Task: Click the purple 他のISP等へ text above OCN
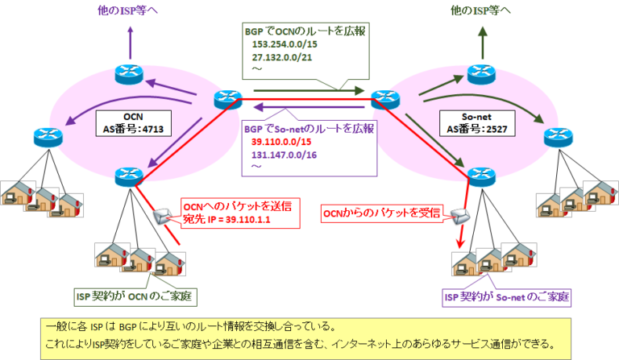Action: pyautogui.click(x=126, y=10)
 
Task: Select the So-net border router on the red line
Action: pyautogui.click(x=382, y=98)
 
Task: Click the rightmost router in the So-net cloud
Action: pyautogui.click(x=555, y=137)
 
